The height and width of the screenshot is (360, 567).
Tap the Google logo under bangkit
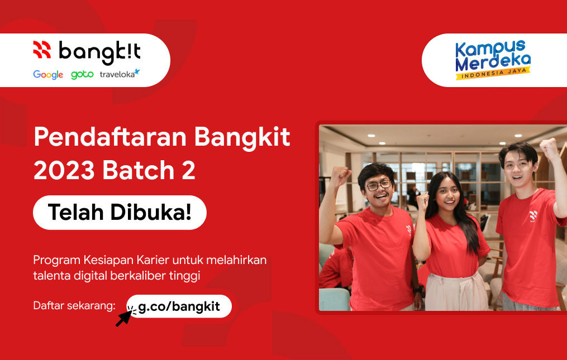(x=48, y=75)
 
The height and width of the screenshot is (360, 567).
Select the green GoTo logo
(x=82, y=75)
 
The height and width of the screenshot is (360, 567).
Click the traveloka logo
(x=120, y=74)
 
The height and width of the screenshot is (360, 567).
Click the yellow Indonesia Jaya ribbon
(x=492, y=73)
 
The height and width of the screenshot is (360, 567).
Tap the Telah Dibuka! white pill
(x=120, y=212)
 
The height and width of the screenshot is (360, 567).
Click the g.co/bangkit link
(x=179, y=306)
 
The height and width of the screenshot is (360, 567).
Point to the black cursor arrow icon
(x=125, y=317)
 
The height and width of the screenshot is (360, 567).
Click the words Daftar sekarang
(x=74, y=306)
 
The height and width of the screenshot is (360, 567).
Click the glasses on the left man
(x=378, y=185)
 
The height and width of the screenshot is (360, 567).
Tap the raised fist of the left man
(x=340, y=177)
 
